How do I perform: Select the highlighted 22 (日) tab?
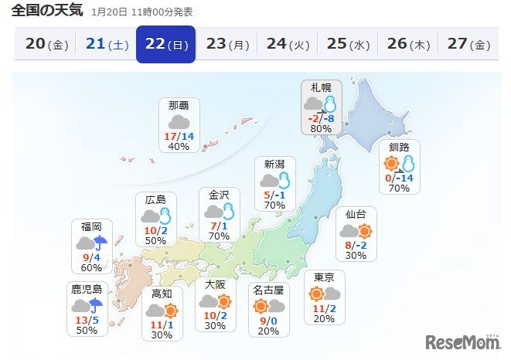coord(166,44)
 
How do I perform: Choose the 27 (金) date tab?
coord(468,44)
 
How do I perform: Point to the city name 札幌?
coord(321,87)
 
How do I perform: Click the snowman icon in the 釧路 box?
coord(407,163)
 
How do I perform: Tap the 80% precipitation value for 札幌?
coord(321,129)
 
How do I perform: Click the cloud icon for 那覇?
coord(179,122)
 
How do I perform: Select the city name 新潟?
coord(274,164)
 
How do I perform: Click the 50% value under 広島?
coord(155,241)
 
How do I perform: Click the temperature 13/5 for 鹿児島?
coord(86,319)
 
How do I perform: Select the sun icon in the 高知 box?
coord(171,311)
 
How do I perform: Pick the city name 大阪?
coord(215,284)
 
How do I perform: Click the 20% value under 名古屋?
coord(268,331)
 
